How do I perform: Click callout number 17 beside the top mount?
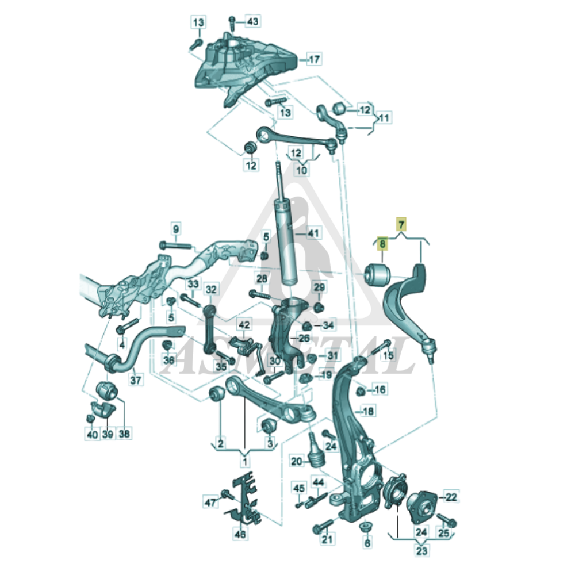point(315,59)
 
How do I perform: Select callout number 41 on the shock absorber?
point(313,233)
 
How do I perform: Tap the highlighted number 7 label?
point(401,224)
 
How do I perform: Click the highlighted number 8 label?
point(382,243)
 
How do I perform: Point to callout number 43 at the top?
point(252,21)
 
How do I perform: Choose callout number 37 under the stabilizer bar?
point(135,380)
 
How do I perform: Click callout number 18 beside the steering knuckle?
point(368,411)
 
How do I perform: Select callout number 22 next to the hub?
point(451,497)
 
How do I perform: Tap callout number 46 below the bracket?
point(240,534)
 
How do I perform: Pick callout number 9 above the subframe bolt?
point(176,229)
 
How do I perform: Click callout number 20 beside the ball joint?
point(297,461)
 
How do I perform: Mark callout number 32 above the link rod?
point(211,290)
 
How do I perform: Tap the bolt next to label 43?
point(232,23)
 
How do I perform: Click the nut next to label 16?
point(361,391)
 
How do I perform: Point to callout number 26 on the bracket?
point(304,338)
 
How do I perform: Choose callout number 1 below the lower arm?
point(245,461)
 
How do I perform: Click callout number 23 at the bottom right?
point(421,550)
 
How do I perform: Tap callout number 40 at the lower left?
point(92,434)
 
